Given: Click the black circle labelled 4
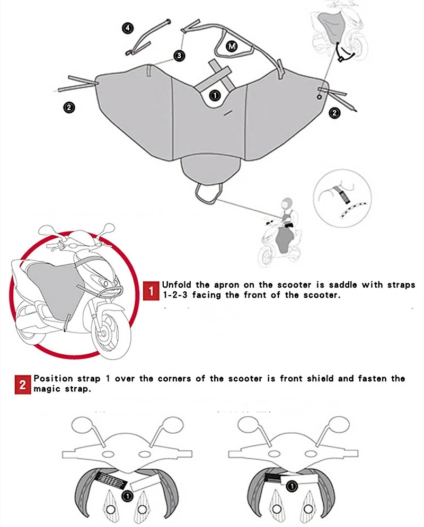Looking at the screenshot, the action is (128, 28).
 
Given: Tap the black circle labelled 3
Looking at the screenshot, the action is (180, 56).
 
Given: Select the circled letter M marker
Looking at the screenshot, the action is (232, 46).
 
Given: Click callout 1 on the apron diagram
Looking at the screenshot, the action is (215, 95).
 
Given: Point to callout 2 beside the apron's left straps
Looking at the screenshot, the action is (69, 108).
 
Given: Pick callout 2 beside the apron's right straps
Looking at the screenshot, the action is (334, 113).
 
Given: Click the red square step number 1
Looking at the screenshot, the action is (151, 291).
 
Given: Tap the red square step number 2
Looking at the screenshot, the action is (23, 385).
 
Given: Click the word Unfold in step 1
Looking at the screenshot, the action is (177, 284).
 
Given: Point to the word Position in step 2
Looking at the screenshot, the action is (53, 379).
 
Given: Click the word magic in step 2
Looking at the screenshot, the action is (46, 389).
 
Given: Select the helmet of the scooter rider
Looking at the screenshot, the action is (286, 204).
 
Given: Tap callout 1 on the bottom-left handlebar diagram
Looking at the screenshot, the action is (127, 496).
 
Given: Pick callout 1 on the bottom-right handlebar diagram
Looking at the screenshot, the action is (292, 486).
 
